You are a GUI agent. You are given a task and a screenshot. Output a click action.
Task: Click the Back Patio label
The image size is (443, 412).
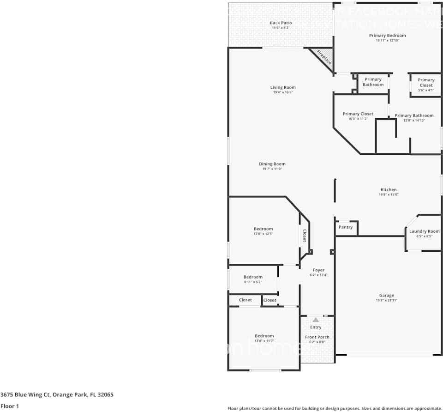click(281, 23)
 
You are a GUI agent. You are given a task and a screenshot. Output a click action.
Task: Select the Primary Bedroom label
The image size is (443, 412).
click(387, 36)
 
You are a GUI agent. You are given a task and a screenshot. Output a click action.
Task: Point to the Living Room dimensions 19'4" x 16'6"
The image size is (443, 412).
click(283, 92)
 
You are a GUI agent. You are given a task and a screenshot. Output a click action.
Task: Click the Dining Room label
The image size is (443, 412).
click(272, 164)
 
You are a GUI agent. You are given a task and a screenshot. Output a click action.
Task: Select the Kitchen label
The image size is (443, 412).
click(388, 190)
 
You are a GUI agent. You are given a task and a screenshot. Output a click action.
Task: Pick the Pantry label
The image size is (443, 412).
click(346, 227)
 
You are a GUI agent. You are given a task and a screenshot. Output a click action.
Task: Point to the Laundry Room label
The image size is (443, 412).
click(424, 231)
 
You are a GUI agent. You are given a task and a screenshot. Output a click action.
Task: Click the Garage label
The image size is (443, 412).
click(387, 296)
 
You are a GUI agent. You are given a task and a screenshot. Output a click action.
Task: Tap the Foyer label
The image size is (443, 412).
click(318, 270)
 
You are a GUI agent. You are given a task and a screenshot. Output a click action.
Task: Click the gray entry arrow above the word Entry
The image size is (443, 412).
click(316, 319)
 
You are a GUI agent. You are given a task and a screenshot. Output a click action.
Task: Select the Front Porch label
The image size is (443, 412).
click(317, 337)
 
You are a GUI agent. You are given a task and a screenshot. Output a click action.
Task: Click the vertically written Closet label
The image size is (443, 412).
click(305, 236)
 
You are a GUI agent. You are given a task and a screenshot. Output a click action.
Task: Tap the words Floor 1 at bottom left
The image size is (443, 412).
click(10, 406)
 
